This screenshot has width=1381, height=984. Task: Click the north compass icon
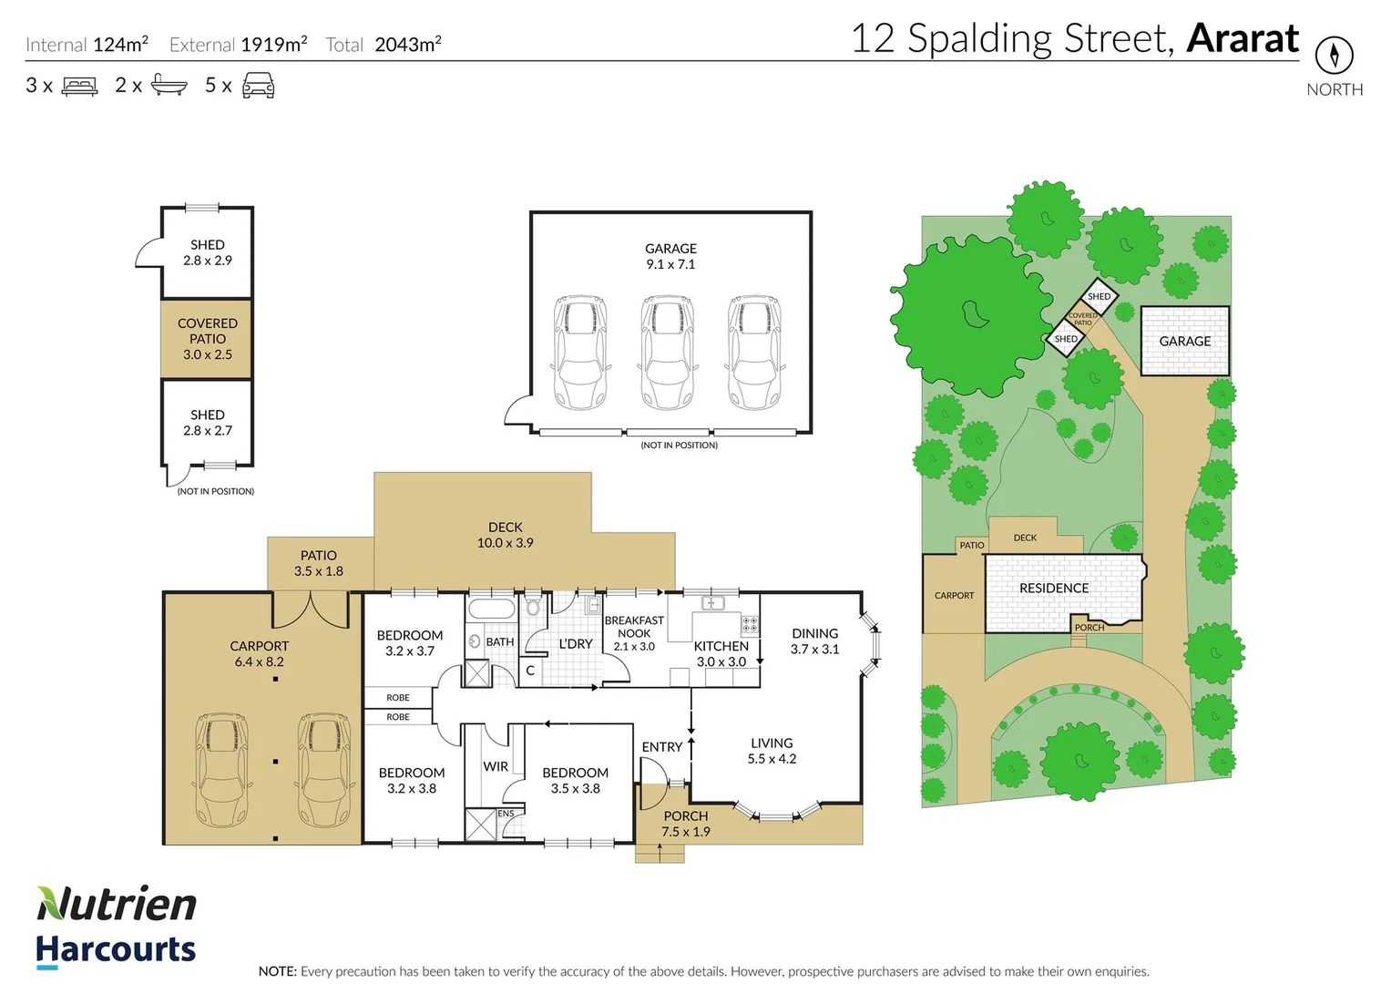[x=1335, y=55]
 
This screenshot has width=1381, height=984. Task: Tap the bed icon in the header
[x=79, y=86]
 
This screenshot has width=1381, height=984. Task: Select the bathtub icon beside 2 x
[x=169, y=85]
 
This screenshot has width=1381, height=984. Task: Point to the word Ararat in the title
[x=1243, y=38]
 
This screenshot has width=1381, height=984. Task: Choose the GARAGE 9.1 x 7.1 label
[x=670, y=257]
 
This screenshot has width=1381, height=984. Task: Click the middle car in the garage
[x=667, y=352]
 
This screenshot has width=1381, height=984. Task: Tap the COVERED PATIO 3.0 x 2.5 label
[x=207, y=339]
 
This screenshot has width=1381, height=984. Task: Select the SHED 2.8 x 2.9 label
[x=207, y=252]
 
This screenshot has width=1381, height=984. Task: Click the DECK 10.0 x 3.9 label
[x=505, y=535]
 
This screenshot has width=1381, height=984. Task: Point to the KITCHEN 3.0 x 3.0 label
[x=721, y=653]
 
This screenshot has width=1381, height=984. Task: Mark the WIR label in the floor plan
[x=496, y=766]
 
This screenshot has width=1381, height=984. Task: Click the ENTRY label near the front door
[x=661, y=747]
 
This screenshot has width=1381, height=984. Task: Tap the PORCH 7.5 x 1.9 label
[x=686, y=824]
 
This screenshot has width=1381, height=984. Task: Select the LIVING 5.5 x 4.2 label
[x=772, y=751]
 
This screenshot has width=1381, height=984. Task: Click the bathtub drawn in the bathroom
[x=491, y=609]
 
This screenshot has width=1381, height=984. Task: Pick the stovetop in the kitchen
[x=750, y=624]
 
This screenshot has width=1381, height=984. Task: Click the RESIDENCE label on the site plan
[x=1054, y=589]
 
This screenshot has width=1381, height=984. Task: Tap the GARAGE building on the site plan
[x=1184, y=341]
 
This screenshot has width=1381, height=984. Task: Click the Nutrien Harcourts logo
[x=116, y=927]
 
